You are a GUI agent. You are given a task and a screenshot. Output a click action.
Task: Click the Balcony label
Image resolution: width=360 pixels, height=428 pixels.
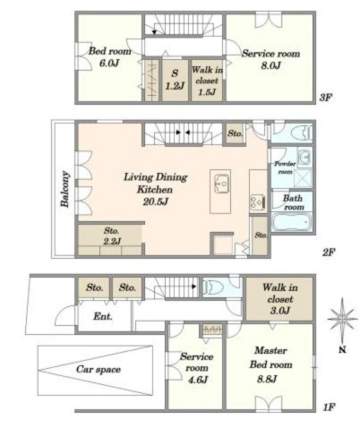pyautogui.click(x=65, y=189)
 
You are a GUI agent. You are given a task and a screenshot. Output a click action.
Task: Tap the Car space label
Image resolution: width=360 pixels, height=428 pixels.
pyautogui.click(x=99, y=370)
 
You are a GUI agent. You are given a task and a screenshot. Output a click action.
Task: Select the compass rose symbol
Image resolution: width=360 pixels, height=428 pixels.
pyautogui.click(x=342, y=319)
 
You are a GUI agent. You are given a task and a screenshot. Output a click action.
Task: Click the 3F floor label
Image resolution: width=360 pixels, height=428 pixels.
pyautogui.click(x=326, y=98)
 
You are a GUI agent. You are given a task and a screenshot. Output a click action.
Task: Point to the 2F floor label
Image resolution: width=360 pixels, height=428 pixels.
pyautogui.click(x=329, y=253)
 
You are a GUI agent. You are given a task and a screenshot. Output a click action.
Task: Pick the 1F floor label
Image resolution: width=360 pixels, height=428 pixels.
pyautogui.click(x=330, y=407)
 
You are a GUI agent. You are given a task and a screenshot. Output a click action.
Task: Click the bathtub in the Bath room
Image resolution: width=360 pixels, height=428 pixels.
pyautogui.click(x=292, y=222)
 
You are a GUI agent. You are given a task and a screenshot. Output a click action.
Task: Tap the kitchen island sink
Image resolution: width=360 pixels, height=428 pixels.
pyautogui.click(x=222, y=184)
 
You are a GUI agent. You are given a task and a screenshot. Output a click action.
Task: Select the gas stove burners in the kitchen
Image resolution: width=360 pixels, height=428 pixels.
pyautogui.click(x=258, y=202)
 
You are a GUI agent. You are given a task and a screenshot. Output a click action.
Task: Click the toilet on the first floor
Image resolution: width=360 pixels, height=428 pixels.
pyautogui.click(x=214, y=287)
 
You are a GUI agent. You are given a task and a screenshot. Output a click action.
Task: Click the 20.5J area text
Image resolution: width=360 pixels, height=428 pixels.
pyautogui.click(x=156, y=202)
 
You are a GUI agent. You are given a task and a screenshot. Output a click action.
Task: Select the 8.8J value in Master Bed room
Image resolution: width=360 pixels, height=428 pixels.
pyautogui.click(x=267, y=379)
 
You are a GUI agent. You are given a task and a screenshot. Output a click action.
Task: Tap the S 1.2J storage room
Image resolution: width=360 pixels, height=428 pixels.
pyautogui.click(x=175, y=80)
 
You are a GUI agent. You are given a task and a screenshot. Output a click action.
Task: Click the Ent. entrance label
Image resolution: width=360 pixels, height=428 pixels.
pyautogui.click(x=103, y=317)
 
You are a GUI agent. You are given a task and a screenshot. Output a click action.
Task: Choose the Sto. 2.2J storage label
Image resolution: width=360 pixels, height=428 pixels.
pyautogui.click(x=112, y=235)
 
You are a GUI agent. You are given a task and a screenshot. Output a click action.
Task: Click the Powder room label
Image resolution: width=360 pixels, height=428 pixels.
pyautogui.click(x=285, y=167)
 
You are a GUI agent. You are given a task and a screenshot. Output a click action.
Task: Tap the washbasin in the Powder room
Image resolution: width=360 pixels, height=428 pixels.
pyautogui.click(x=304, y=156)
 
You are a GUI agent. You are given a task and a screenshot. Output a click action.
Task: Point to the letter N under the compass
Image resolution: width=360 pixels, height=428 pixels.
pyautogui.click(x=342, y=349)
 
